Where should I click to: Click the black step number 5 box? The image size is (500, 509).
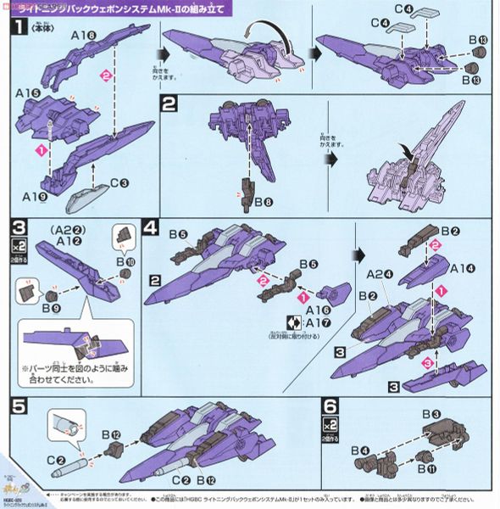pyautogui.click(x=19, y=406)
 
